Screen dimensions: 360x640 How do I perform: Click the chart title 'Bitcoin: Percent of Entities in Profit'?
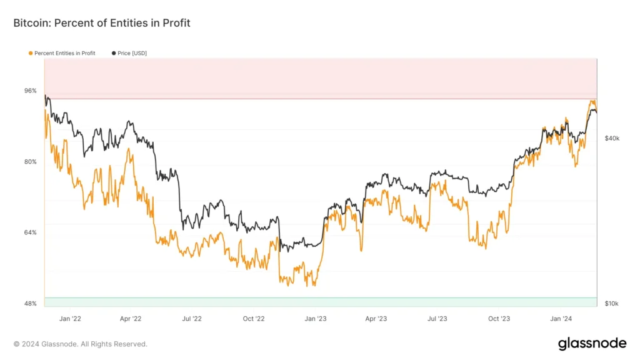102,23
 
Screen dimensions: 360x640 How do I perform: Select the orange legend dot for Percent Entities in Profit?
31,54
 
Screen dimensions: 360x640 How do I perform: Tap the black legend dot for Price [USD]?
114,54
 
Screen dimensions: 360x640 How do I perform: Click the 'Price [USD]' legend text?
132,54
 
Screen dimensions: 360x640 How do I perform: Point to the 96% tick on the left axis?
30,91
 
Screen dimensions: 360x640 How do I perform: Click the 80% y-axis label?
30,162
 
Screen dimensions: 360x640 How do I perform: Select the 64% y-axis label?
30,232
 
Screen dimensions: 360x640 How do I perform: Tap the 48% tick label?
30,304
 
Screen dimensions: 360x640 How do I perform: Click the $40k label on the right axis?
612,138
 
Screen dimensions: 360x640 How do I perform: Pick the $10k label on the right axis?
612,304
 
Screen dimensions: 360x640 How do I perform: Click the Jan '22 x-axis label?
69,319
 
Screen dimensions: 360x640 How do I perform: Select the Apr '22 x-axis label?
130,319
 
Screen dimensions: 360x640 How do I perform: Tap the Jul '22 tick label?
192,319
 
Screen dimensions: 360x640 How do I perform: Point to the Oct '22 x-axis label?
254,319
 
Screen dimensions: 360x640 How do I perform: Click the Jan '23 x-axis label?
316,319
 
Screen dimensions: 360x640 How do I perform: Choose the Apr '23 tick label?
376,319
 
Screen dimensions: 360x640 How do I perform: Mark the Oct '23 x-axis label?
499,319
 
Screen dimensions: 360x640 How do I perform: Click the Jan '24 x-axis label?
561,319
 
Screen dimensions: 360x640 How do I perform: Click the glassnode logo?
592,343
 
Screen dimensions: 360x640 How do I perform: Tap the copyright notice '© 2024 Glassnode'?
81,344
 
